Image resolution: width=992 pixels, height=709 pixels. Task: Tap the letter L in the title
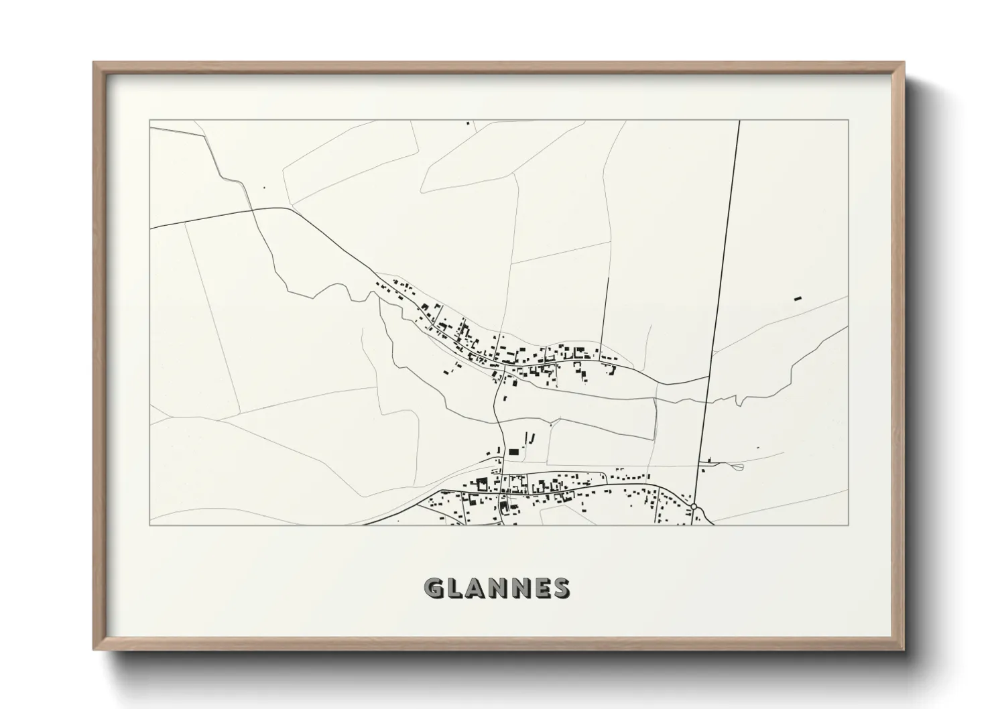coord(456,588)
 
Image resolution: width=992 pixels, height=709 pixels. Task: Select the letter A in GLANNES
coord(477,588)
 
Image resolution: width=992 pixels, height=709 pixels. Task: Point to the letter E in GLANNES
coord(540,588)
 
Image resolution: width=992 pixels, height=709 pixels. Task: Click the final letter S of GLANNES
coord(560,588)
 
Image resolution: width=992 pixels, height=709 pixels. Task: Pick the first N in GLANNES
coord(498,588)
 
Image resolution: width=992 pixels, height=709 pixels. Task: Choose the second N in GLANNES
coord(519,588)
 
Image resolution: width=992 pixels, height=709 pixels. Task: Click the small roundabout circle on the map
coord(694,506)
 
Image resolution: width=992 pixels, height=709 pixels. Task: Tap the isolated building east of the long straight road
coord(798,298)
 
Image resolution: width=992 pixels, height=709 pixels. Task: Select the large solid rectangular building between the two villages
coord(514,452)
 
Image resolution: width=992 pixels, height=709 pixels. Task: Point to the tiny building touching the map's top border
coord(468,123)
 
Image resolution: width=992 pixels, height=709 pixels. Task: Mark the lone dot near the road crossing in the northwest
coord(264,188)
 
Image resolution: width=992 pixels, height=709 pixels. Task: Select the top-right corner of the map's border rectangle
coord(849,121)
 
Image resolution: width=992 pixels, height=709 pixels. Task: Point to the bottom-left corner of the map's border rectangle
coord(149,525)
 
